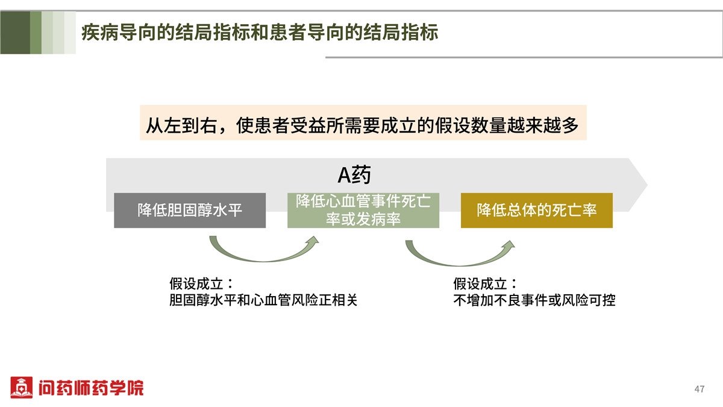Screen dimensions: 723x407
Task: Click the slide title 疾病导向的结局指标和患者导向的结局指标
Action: pos(260,33)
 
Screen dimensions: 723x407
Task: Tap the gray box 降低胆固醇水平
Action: pos(190,210)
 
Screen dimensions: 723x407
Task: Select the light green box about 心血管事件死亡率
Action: pos(363,210)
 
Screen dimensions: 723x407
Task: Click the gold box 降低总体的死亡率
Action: pos(537,210)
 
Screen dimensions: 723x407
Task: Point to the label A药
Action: pos(354,175)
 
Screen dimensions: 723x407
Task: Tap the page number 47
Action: pos(700,389)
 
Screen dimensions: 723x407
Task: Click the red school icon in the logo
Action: pos(21,387)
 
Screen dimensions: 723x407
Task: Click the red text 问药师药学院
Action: pos(91,388)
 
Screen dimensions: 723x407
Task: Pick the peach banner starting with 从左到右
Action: pos(363,123)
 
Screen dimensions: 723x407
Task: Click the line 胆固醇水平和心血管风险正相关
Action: pos(263,300)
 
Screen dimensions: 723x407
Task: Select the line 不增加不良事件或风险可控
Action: pos(534,300)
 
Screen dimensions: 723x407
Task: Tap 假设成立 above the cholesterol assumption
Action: pos(196,283)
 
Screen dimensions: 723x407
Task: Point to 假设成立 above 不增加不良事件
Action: pos(480,283)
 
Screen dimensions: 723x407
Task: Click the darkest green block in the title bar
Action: pos(15,33)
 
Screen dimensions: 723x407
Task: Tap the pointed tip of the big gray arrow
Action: pos(647,185)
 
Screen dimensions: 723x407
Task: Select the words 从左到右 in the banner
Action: pos(181,125)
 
